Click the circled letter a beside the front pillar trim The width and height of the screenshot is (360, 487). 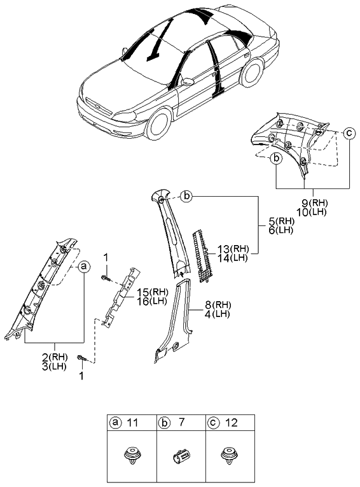pos(84,268)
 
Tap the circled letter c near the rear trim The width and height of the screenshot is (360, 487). pos(349,133)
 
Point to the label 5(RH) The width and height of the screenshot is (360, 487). pos(279,221)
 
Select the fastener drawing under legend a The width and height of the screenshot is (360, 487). pos(130,457)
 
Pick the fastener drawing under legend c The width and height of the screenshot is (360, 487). pos(230,457)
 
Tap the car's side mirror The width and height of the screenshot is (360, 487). pos(187,81)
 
